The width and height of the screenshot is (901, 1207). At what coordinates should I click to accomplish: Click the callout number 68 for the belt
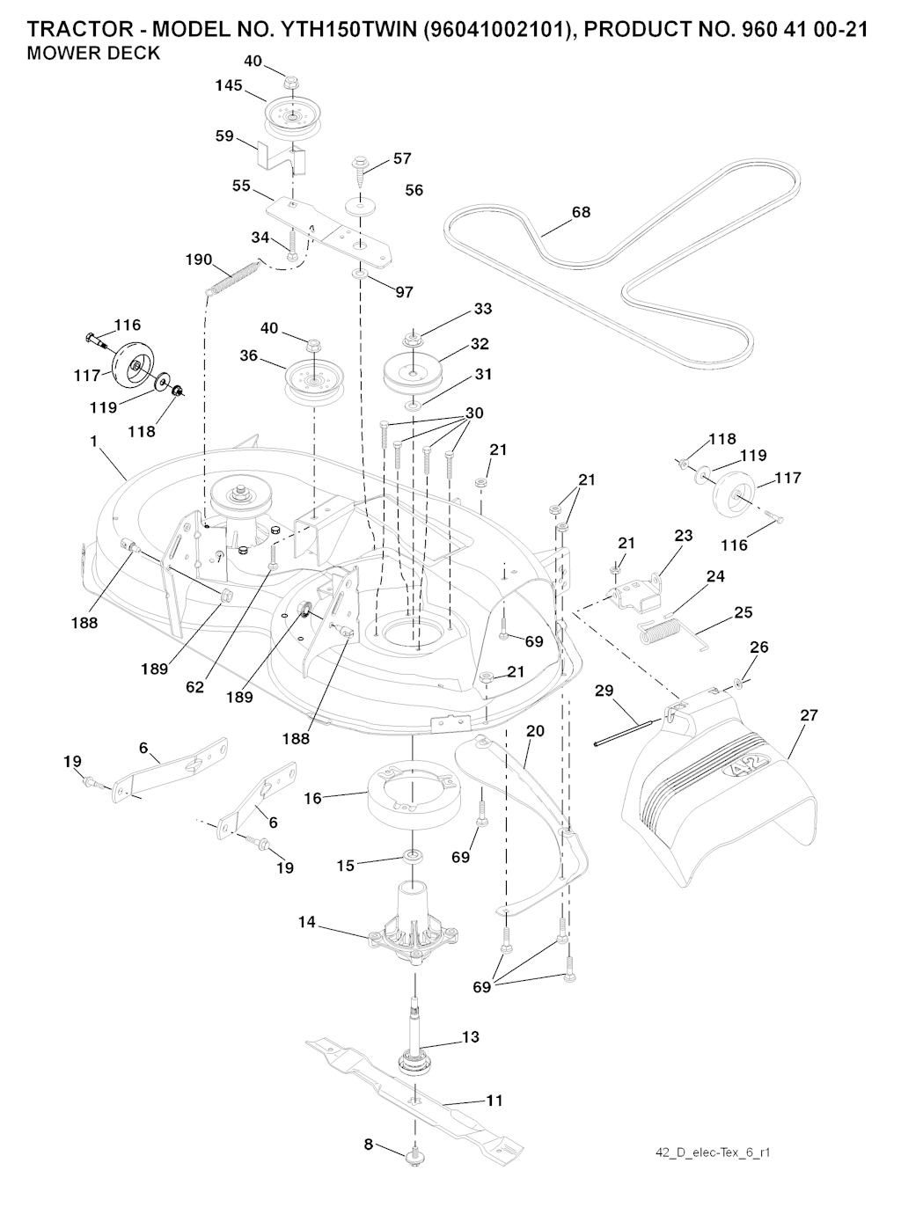581,212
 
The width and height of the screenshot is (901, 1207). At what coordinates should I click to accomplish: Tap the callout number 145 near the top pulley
229,85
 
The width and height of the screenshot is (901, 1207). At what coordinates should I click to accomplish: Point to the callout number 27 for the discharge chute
809,715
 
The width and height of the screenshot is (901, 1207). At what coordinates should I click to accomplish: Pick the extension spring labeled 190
233,274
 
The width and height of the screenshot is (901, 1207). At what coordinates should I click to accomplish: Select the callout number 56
414,190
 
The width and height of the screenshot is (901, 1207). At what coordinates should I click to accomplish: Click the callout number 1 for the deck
93,442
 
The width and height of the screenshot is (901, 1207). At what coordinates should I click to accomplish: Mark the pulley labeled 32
412,368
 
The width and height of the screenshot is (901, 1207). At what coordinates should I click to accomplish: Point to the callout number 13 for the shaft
471,1037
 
